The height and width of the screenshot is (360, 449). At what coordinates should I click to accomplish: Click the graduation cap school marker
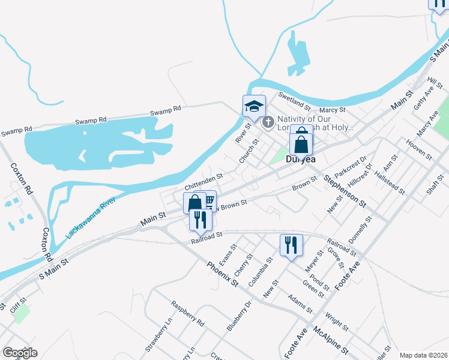click(x=254, y=106)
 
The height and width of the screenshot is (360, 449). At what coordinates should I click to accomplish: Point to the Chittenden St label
click(x=203, y=179)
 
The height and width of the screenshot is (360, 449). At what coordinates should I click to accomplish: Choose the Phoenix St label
click(x=223, y=274)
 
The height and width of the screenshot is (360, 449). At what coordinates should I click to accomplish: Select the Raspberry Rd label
click(x=187, y=314)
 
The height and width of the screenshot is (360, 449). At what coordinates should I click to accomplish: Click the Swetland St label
click(x=294, y=101)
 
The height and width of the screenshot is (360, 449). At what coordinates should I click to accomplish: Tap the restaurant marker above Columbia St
click(x=291, y=245)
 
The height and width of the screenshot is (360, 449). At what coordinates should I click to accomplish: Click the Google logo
click(x=20, y=353)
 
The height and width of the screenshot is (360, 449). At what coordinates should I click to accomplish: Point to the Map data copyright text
click(x=423, y=355)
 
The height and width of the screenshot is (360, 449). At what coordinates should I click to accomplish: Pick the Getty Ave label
click(x=424, y=97)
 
